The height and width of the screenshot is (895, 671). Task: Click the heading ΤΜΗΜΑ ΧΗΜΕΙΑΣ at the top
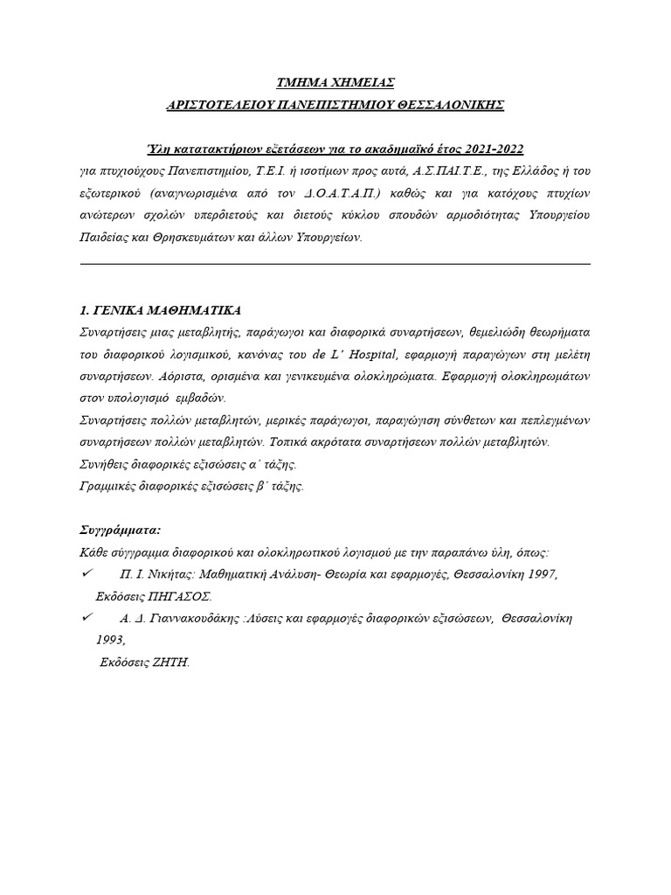pos(335,83)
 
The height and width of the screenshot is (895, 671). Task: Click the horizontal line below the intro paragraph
pos(335,263)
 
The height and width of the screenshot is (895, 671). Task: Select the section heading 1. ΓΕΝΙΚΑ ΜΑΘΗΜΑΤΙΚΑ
pos(159,310)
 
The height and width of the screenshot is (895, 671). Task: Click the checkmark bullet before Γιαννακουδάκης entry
pos(86,617)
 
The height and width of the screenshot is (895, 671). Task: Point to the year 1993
pos(110,640)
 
